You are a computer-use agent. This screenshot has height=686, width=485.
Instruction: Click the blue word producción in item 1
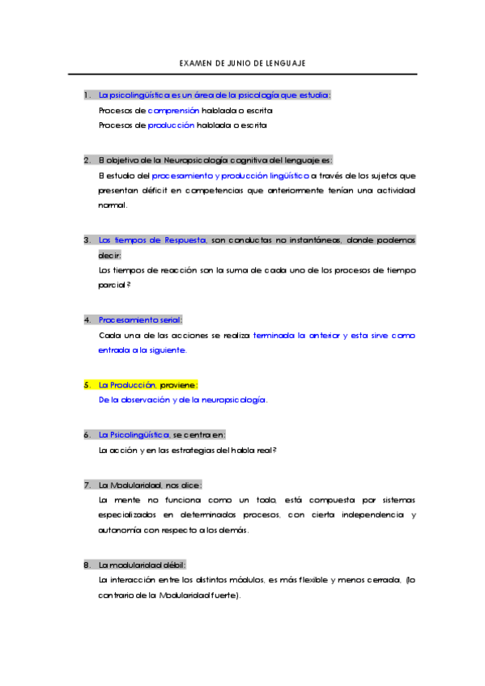(172, 125)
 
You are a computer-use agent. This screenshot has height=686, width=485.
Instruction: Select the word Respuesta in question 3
(186, 239)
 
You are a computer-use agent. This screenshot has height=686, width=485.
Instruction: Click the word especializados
(131, 514)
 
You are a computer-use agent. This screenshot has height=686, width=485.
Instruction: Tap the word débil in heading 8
(173, 565)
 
